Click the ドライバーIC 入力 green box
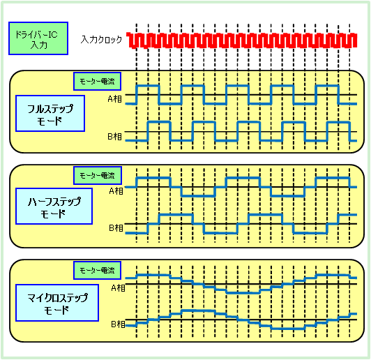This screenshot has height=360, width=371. (38, 38)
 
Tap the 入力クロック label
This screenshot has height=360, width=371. (101, 39)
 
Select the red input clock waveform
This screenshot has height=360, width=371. (242, 40)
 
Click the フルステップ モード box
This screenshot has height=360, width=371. (50, 114)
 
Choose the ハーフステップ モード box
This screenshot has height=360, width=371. (54, 206)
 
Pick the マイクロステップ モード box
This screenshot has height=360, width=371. (57, 303)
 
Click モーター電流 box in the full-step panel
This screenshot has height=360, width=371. (97, 82)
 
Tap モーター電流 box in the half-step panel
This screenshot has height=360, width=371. (98, 175)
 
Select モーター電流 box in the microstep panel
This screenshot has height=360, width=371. (97, 270)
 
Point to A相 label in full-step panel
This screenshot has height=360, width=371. (115, 99)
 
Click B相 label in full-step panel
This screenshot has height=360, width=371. (115, 137)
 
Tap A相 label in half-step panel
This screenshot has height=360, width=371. (116, 191)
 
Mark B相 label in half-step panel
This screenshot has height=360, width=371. (116, 228)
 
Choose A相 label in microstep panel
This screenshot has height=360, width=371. (118, 288)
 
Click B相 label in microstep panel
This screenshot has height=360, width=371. (118, 324)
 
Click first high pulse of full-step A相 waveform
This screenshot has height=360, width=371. (148, 86)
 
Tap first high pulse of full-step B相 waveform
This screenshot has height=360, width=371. (159, 122)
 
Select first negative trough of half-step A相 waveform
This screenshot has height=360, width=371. (198, 196)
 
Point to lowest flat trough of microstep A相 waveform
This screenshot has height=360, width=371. (243, 293)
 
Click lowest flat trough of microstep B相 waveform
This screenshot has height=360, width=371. (288, 329)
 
